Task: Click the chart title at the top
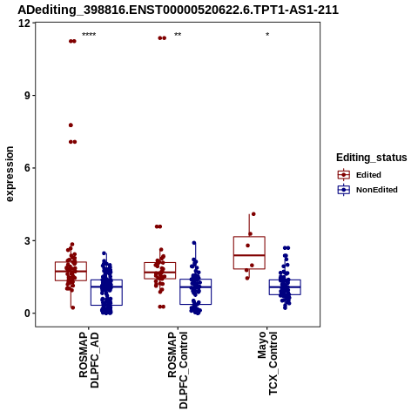click(x=178, y=10)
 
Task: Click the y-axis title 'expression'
click(x=10, y=174)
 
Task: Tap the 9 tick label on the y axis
click(x=27, y=96)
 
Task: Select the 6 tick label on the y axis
click(x=27, y=168)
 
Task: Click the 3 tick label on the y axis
click(x=27, y=240)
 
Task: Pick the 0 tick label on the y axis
click(x=27, y=313)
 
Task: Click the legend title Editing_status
click(x=372, y=158)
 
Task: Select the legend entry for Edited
click(x=360, y=175)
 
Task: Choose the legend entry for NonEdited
click(x=367, y=190)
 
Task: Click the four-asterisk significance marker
click(x=89, y=35)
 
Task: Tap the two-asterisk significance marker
click(x=178, y=35)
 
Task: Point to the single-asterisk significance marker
click(x=267, y=35)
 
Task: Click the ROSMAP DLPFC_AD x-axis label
click(x=89, y=360)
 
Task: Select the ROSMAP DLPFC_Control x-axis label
click(x=178, y=370)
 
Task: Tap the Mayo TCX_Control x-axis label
click(x=267, y=363)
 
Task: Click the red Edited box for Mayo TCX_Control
click(x=249, y=253)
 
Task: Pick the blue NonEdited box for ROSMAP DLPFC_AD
click(x=106, y=293)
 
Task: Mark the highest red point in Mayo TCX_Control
click(x=253, y=214)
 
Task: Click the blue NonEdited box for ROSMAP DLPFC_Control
click(x=196, y=292)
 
